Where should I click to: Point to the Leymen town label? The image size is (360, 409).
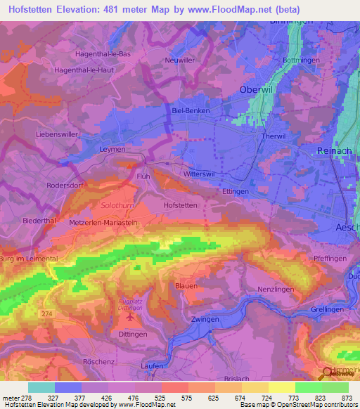click(x=113, y=149)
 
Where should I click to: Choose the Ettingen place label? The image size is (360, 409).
click(x=236, y=190)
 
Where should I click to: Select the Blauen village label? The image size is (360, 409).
click(x=186, y=285)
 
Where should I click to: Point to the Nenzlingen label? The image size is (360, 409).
click(x=275, y=290)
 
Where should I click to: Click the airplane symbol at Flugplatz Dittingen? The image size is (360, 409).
click(x=129, y=316)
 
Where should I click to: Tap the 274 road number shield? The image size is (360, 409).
click(x=47, y=313)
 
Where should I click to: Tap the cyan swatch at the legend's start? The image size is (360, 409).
click(x=41, y=387)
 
